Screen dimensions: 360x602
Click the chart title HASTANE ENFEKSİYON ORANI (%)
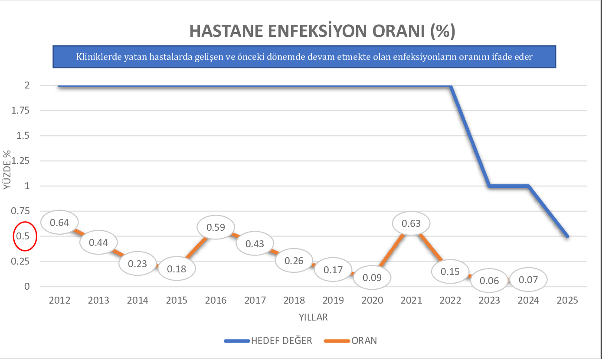322,32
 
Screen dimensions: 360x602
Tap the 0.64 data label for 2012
59,223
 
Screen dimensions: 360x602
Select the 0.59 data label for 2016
216,227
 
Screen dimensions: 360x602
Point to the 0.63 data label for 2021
411,223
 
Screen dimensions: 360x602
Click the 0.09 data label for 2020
372,277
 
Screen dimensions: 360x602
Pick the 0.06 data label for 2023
489,281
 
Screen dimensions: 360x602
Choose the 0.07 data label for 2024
528,280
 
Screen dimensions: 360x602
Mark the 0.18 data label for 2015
177,268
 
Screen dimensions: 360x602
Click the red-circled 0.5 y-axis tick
23,236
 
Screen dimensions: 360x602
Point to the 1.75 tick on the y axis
20,111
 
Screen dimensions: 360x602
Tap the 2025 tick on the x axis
567,300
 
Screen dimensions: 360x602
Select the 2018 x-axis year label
294,300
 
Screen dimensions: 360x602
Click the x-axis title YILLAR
313,317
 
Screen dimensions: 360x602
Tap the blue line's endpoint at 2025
567,236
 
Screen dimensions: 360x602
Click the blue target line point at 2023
489,186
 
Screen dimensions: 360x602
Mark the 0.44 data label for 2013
98,242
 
